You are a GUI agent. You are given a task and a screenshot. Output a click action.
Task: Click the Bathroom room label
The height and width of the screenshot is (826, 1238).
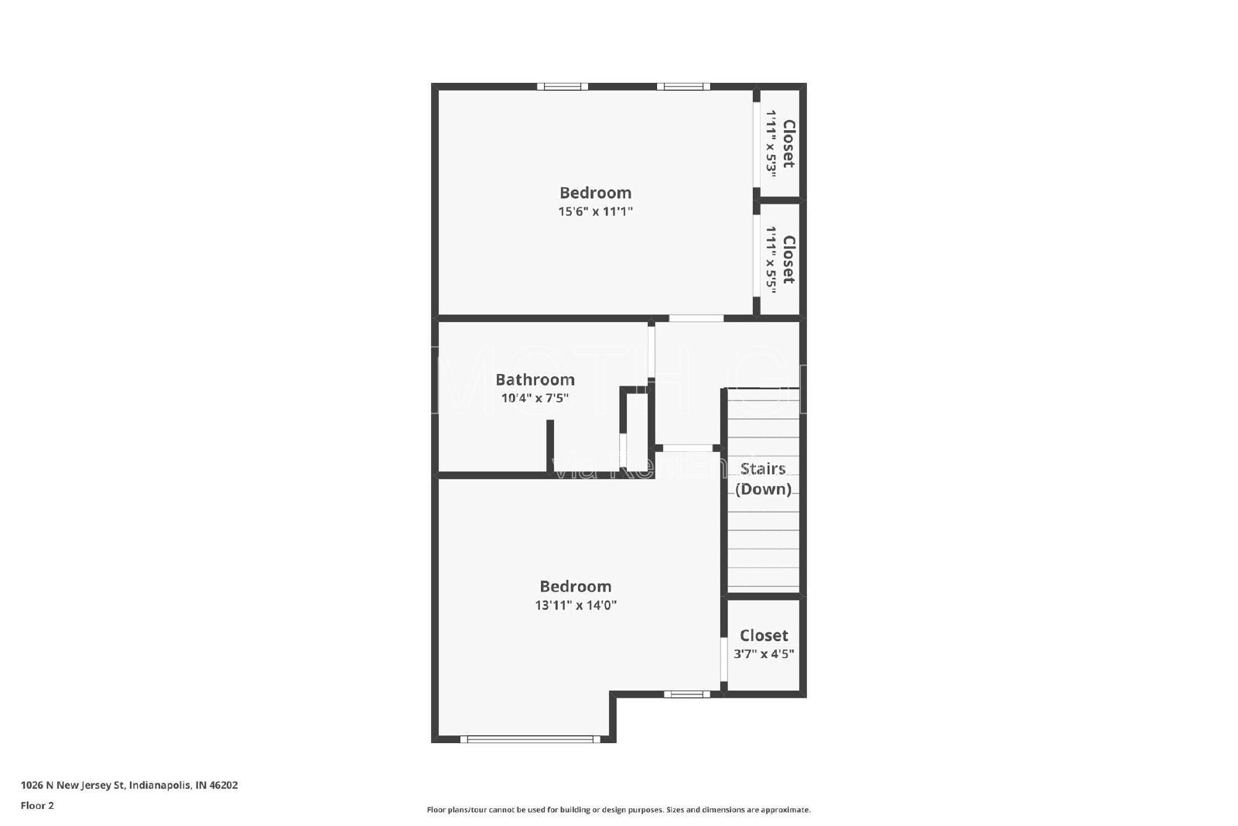tap(535, 379)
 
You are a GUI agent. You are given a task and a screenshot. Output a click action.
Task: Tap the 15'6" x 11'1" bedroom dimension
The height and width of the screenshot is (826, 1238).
tap(595, 211)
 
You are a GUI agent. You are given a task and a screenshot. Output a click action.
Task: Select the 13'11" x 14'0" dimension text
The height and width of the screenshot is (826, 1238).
tap(576, 605)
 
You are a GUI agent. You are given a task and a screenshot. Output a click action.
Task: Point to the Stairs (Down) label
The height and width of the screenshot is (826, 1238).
tap(763, 478)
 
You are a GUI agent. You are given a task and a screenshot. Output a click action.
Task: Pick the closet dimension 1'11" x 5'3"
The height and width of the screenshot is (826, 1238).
tap(771, 143)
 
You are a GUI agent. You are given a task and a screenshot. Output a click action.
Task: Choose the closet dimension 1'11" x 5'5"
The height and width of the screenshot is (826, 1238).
tap(771, 259)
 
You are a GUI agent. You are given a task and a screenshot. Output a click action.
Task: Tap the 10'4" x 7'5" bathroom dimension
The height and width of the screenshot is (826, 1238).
tap(535, 399)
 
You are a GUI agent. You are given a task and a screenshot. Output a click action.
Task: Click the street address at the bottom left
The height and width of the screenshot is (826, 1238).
tap(129, 785)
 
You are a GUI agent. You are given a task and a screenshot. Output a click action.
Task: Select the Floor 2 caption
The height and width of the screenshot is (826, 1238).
tap(37, 806)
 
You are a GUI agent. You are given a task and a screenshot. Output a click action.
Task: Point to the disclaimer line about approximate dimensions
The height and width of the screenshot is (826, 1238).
tap(618, 810)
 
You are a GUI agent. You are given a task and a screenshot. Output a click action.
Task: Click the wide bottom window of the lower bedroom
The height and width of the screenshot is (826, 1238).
tap(531, 739)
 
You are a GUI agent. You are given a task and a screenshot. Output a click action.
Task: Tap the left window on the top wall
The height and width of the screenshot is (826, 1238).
tap(563, 87)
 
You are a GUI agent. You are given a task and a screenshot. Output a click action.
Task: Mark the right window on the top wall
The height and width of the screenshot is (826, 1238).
tap(682, 87)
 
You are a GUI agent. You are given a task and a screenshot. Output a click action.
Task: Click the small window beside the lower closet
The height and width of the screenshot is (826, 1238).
tap(686, 694)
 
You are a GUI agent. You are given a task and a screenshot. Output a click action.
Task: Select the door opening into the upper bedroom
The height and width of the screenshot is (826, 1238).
tap(696, 318)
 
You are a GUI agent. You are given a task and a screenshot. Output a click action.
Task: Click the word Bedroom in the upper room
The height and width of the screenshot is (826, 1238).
tap(595, 193)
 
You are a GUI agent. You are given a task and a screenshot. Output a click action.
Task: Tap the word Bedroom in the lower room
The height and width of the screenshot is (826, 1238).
tap(576, 587)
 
